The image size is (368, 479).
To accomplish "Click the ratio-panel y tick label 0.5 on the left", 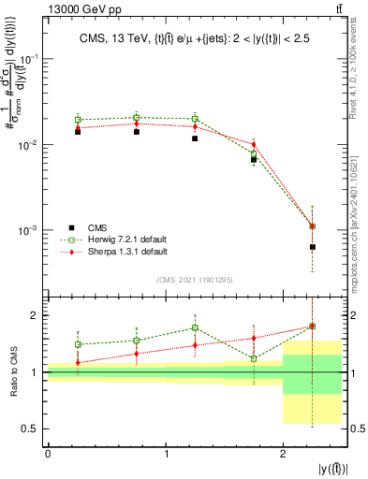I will (30, 429).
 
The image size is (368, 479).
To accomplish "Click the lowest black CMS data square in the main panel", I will (312, 247).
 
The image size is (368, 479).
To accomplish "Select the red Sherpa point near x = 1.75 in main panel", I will (254, 144).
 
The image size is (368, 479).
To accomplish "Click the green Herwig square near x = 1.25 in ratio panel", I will (195, 327).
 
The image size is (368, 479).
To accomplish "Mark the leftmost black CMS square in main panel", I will (78, 132).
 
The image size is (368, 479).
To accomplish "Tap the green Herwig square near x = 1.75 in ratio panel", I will (254, 358).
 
